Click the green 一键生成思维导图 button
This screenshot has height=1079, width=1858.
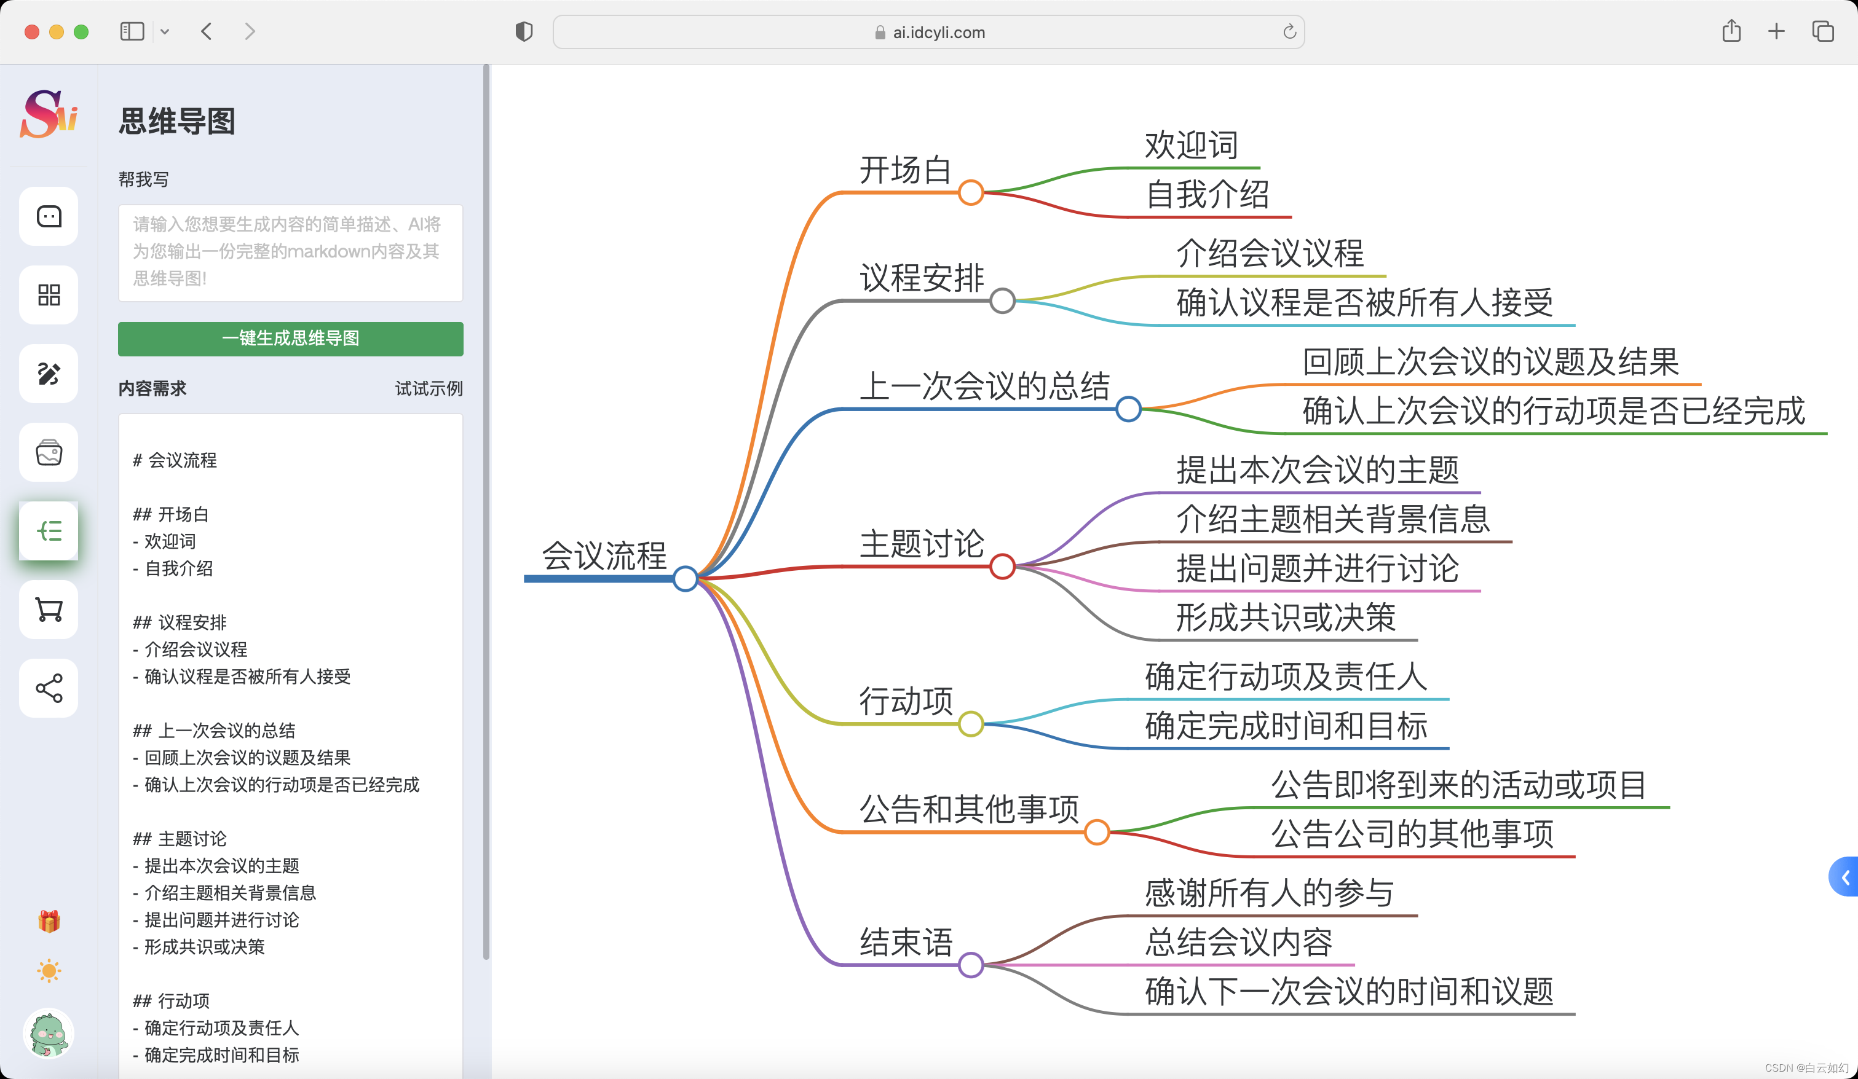click(290, 339)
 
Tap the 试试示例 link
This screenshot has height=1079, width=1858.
click(429, 388)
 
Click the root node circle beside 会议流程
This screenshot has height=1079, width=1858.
click(686, 579)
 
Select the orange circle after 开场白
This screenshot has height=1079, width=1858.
click(971, 192)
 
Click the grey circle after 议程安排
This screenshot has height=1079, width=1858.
click(1002, 300)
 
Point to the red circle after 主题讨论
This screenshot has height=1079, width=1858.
click(1002, 567)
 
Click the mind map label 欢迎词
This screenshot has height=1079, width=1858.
click(1191, 145)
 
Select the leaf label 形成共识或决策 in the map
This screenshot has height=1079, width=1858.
click(1286, 618)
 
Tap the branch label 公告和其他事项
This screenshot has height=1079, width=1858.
click(970, 809)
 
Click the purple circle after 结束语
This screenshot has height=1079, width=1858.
click(971, 965)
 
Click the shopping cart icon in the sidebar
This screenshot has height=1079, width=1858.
click(49, 610)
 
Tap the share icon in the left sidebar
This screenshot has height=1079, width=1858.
click(49, 688)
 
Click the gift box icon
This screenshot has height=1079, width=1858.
click(49, 921)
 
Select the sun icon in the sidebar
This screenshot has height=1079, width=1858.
click(49, 971)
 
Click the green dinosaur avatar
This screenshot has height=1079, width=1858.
click(49, 1034)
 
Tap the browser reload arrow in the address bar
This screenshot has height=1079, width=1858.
click(1289, 32)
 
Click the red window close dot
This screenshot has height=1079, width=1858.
click(32, 32)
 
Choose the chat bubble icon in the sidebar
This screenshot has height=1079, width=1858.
click(49, 216)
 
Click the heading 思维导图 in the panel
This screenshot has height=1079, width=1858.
click(177, 122)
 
